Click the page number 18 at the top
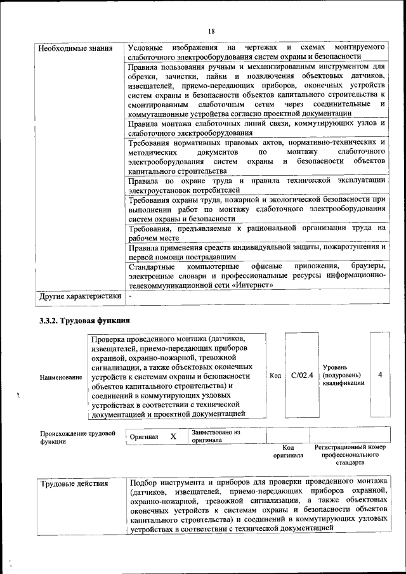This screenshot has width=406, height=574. tap(211, 32)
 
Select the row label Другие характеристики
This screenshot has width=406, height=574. tap(80, 296)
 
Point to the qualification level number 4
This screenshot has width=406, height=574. tap(380, 375)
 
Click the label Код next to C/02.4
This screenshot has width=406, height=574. tap(275, 375)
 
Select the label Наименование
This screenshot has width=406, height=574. tap(61, 377)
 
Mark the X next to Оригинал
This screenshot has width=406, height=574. tap(173, 436)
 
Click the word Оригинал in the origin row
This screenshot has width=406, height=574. tap(144, 437)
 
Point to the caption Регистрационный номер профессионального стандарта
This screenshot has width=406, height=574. tap(350, 455)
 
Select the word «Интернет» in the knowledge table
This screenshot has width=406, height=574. tap(252, 285)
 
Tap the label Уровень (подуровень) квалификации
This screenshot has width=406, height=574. tap(343, 375)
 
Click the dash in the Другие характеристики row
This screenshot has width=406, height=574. tap(130, 296)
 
